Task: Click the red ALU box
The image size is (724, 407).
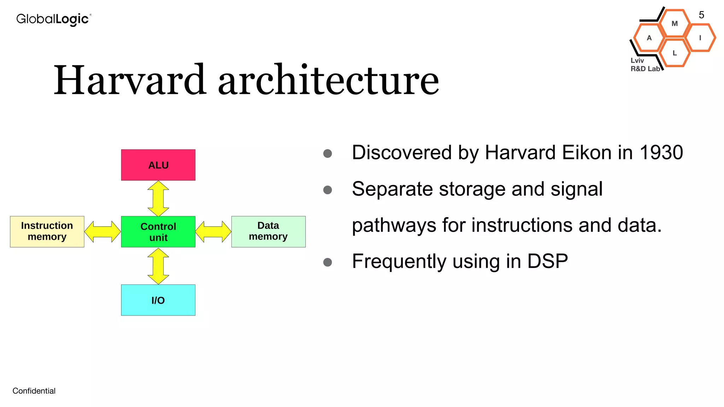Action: click(x=158, y=165)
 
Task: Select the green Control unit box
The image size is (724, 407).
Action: click(x=158, y=232)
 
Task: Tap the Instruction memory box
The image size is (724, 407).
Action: click(x=47, y=231)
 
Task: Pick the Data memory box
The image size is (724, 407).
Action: click(x=268, y=231)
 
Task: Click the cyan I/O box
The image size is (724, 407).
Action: click(x=158, y=300)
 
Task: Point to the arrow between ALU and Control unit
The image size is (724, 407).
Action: click(x=158, y=198)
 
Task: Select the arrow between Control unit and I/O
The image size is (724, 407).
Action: click(x=158, y=266)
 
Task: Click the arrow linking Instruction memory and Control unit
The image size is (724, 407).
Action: click(x=103, y=232)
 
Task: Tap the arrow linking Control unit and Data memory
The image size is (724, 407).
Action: click(x=213, y=232)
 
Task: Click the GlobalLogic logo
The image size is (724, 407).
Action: click(x=54, y=19)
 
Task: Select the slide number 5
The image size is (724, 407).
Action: click(x=701, y=15)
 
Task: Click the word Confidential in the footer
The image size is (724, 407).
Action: click(x=34, y=391)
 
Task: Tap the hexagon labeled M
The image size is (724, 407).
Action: click(x=675, y=24)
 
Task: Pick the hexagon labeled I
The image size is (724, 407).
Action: click(x=700, y=38)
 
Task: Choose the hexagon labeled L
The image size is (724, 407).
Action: click(x=675, y=53)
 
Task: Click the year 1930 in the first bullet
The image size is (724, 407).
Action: click(x=661, y=153)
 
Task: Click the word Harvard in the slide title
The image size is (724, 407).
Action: click(x=130, y=80)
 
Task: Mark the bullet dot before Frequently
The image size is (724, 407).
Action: click(x=328, y=262)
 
